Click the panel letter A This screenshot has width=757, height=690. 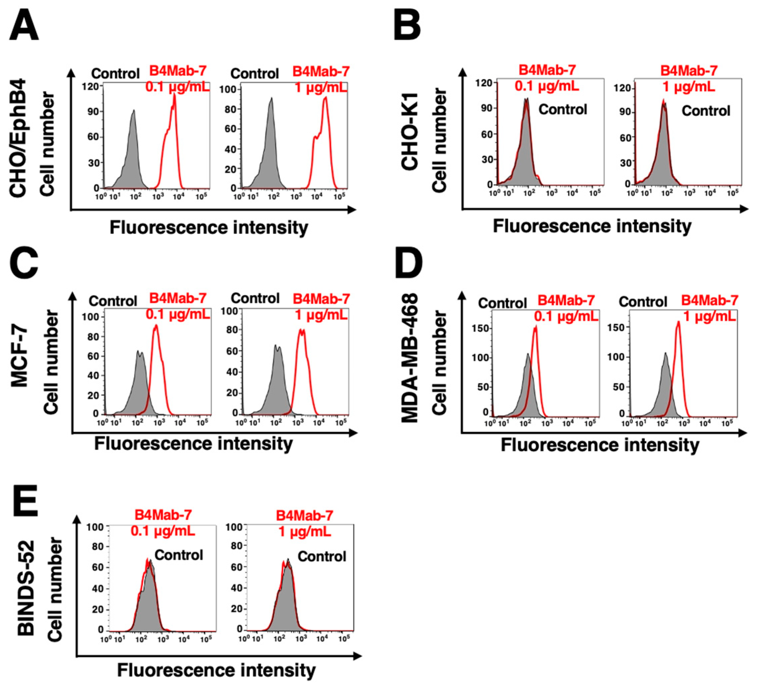(x=24, y=26)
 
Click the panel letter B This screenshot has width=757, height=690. (x=407, y=26)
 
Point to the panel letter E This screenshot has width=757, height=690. (x=26, y=500)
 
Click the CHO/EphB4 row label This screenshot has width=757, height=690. (x=18, y=138)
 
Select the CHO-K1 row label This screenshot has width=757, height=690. (x=410, y=129)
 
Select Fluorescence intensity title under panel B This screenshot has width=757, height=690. (x=592, y=226)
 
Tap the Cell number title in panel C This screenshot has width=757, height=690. (x=51, y=362)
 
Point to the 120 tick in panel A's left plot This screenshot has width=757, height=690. (x=90, y=86)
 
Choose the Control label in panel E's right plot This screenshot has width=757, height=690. (x=322, y=556)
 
